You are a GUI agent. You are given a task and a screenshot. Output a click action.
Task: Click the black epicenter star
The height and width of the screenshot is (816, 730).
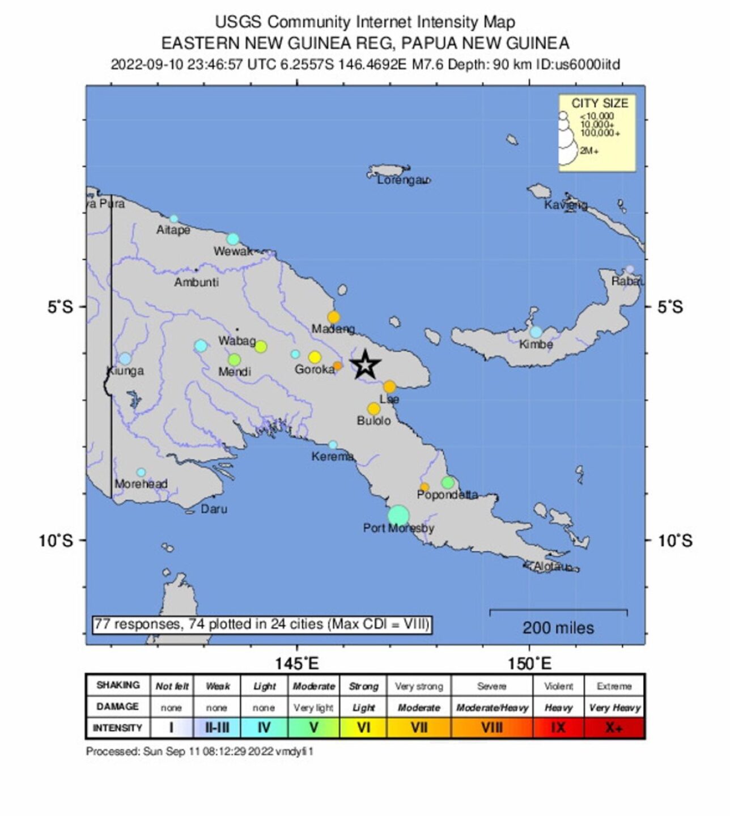[x=365, y=364]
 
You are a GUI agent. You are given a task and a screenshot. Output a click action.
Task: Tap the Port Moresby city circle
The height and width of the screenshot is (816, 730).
[x=398, y=515]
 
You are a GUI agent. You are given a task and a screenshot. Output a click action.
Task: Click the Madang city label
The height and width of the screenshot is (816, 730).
[x=333, y=329]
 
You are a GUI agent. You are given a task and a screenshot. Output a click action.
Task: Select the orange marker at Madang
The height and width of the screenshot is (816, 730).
[x=334, y=317]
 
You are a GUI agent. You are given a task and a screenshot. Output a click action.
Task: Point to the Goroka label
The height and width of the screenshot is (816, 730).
[x=315, y=369]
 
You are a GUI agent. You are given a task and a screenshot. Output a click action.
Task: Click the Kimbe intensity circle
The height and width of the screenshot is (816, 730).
[x=536, y=332]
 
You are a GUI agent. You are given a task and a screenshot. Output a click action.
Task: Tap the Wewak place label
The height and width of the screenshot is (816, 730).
[x=233, y=251]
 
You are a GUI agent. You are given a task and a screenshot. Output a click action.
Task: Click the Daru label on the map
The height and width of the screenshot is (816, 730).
[x=214, y=509]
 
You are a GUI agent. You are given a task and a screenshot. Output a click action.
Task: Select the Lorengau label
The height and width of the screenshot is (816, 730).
[x=403, y=180]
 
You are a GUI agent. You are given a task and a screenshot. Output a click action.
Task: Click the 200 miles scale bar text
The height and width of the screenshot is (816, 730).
[x=558, y=627]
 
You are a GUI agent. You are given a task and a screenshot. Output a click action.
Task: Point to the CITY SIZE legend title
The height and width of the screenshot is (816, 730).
[x=599, y=103]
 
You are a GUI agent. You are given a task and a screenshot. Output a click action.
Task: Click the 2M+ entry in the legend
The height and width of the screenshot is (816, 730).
[x=589, y=151]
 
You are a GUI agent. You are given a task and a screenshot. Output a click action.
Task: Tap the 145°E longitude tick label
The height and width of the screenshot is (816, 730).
[x=296, y=663]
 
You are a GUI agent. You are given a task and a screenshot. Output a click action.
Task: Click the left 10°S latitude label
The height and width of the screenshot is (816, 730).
[x=56, y=540]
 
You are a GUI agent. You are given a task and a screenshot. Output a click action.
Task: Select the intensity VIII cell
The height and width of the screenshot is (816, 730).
[x=491, y=728]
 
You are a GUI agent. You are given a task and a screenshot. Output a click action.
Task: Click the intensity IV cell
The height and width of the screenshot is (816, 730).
[x=264, y=728]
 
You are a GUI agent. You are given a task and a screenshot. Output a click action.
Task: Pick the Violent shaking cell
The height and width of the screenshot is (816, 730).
[x=558, y=686]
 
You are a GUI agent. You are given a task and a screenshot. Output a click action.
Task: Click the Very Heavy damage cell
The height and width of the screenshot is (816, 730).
[x=614, y=707]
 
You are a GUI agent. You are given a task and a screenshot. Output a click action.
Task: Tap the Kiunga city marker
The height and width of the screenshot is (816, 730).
[x=125, y=358]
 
